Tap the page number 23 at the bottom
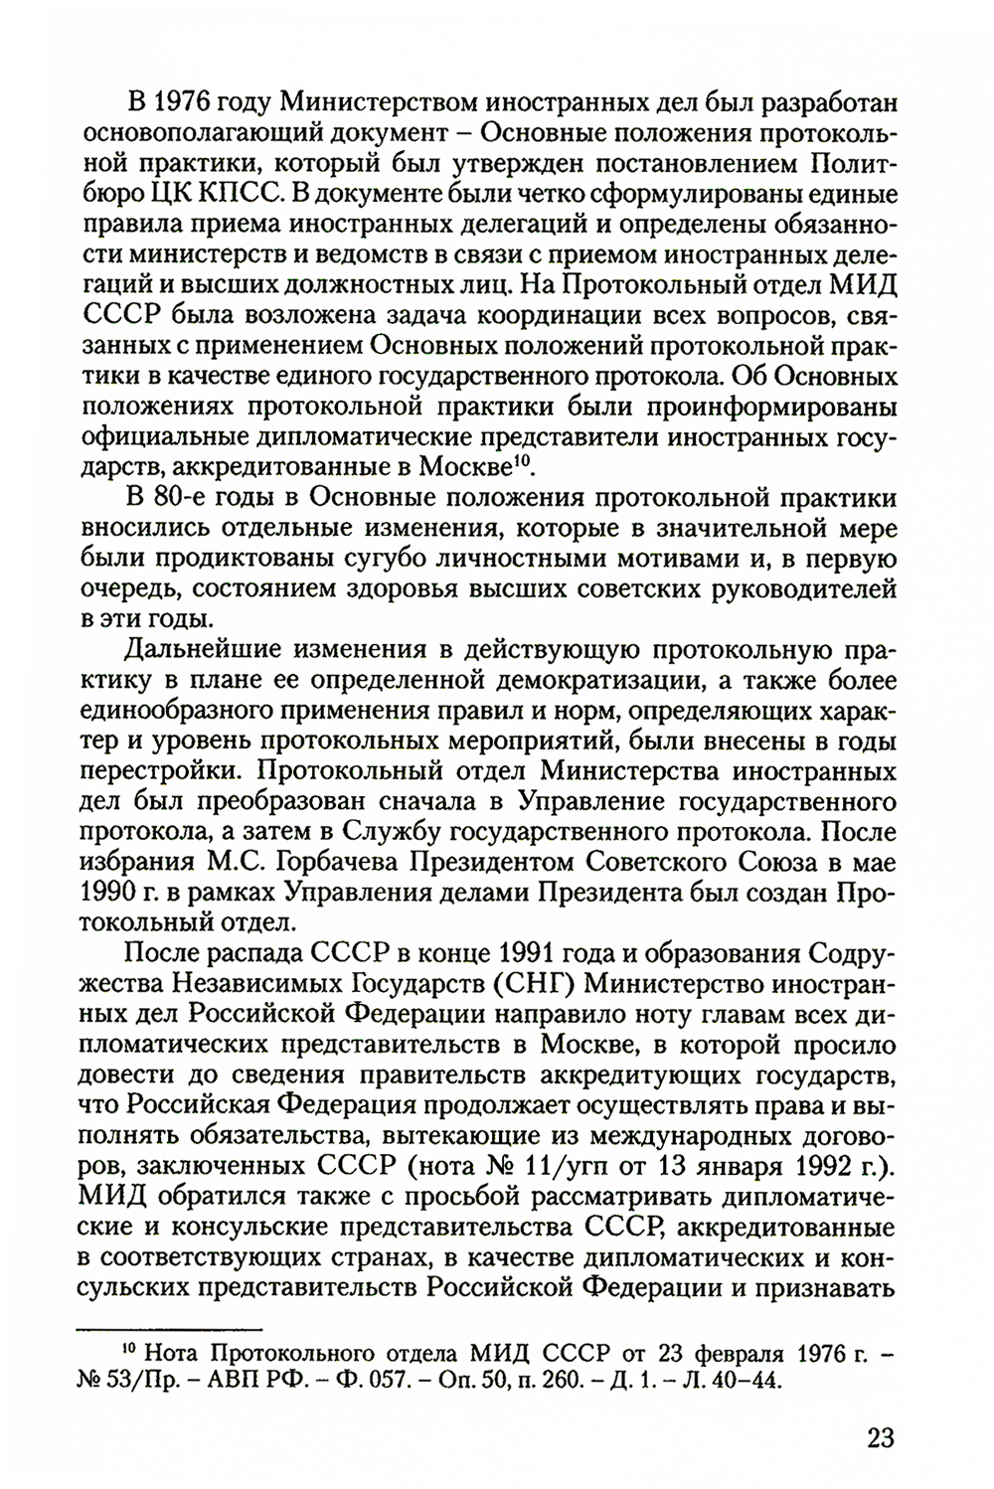880,1437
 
